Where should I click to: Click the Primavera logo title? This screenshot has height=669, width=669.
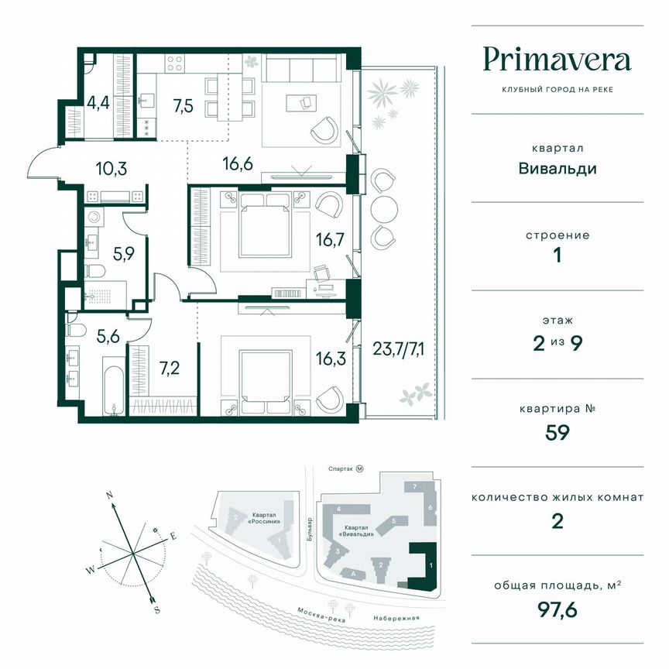click(x=557, y=59)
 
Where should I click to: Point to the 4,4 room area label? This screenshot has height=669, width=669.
click(x=98, y=102)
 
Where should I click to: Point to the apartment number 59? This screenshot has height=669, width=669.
click(x=557, y=431)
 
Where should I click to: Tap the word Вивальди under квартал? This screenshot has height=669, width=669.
click(x=557, y=168)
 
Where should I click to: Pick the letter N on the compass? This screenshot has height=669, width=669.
click(x=111, y=494)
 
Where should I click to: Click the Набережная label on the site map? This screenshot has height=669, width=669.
click(x=395, y=618)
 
